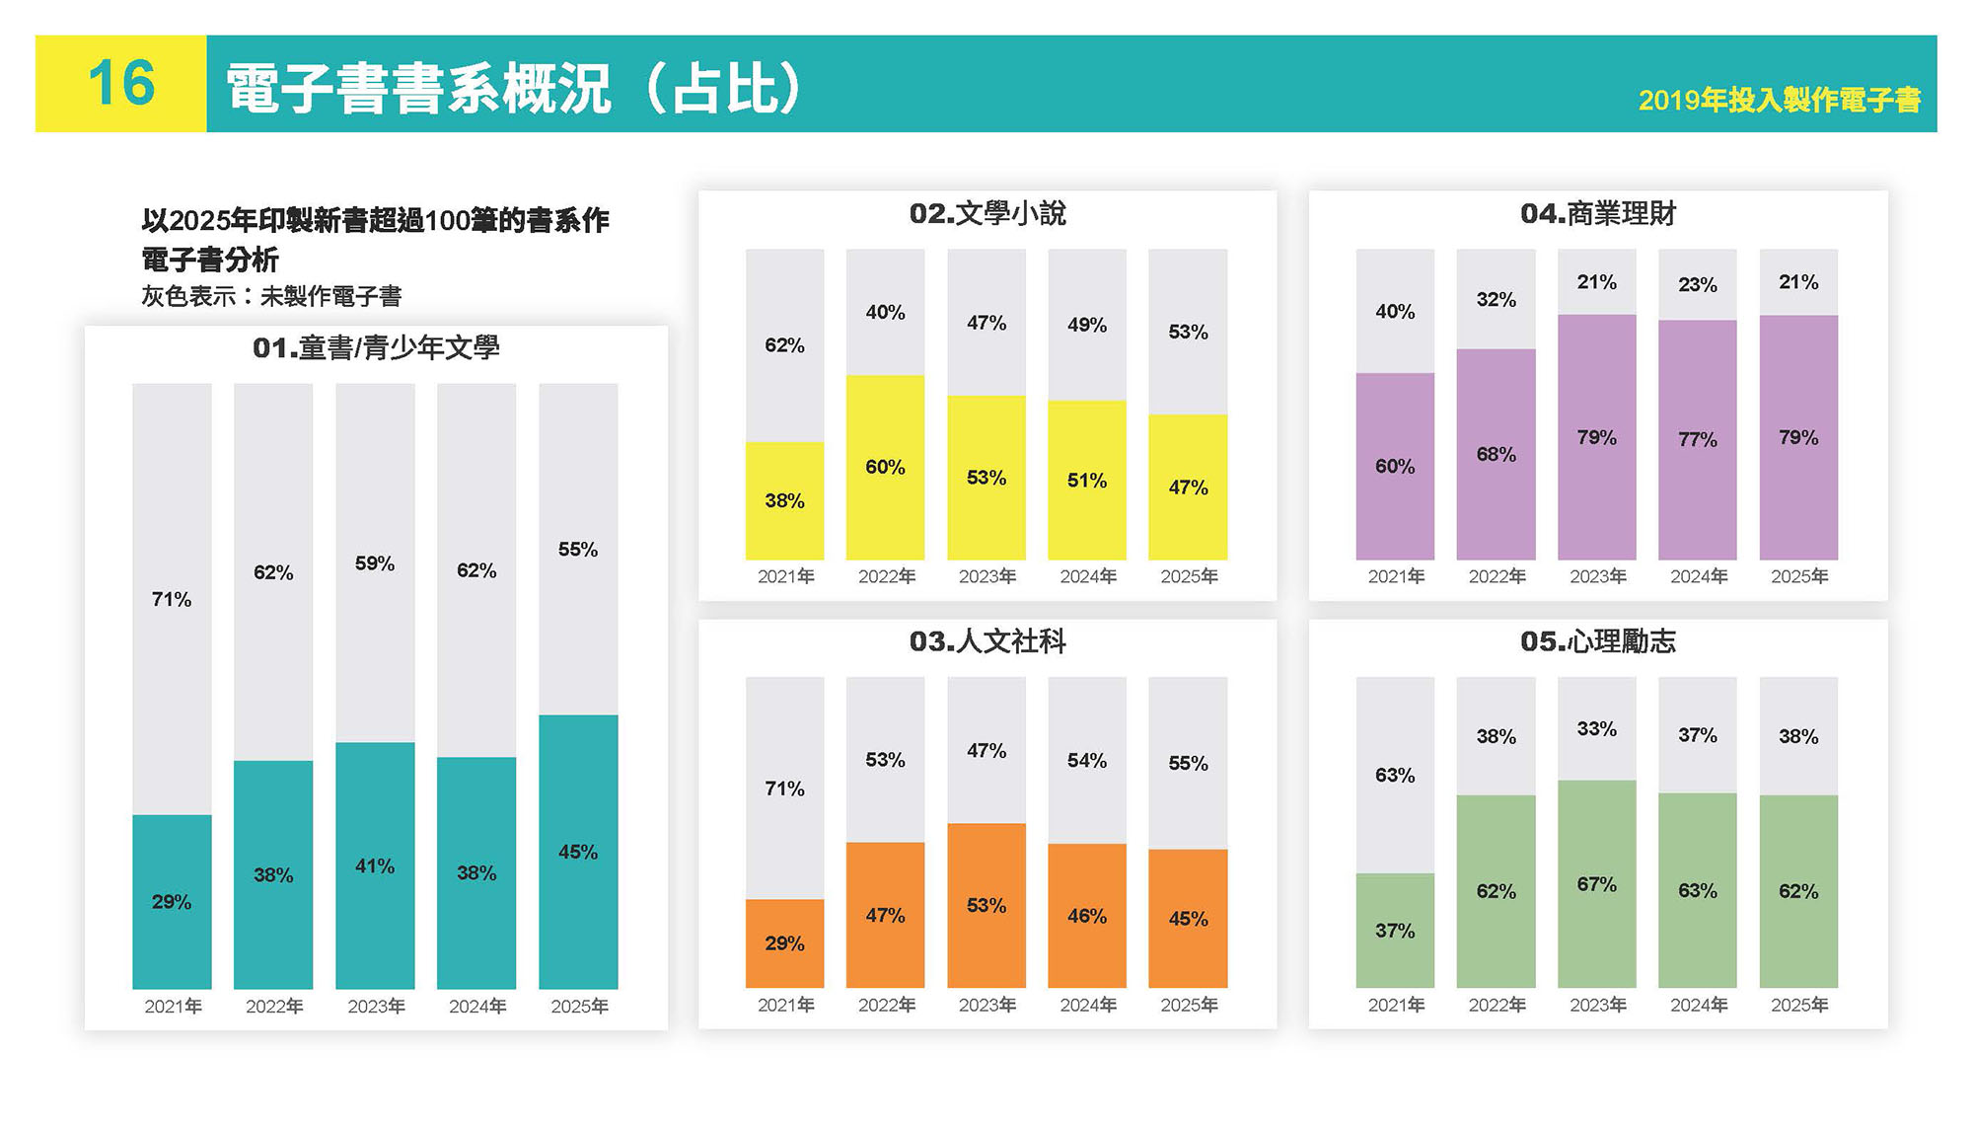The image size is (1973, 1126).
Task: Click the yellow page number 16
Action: click(121, 83)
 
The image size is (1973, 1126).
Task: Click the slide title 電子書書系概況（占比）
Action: click(513, 88)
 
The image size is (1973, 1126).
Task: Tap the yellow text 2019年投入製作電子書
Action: click(1779, 100)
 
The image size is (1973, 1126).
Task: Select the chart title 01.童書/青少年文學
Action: click(376, 348)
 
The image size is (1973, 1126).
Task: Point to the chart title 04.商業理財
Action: click(1597, 213)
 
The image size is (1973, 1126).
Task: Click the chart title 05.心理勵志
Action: click(1597, 641)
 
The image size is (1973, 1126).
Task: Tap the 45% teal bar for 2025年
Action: click(578, 852)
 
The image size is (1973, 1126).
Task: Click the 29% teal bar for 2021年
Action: click(172, 901)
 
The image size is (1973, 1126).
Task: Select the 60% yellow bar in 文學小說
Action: click(885, 467)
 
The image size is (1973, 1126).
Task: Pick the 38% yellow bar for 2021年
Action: click(784, 500)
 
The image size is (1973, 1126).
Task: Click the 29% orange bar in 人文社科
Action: click(784, 942)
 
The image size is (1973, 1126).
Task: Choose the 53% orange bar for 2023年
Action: click(986, 905)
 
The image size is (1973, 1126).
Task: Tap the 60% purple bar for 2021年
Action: click(1395, 466)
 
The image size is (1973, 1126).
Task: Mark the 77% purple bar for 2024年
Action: click(1697, 439)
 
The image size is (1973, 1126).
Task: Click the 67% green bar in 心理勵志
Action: click(1596, 883)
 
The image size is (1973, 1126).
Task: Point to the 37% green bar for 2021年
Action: click(1395, 930)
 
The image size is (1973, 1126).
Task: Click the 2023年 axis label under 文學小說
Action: click(986, 576)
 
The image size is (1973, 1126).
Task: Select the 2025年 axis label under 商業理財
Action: click(1798, 576)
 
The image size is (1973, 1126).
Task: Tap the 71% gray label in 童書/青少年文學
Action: click(172, 599)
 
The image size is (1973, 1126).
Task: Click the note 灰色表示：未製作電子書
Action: click(271, 296)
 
